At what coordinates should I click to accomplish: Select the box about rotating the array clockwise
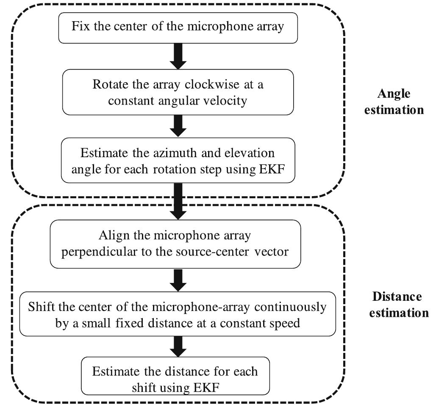178,92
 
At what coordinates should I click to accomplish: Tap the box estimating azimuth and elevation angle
178,160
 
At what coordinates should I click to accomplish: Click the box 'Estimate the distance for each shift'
175,371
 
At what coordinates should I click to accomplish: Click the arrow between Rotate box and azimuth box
178,126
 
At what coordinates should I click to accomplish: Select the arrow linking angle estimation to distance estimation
178,201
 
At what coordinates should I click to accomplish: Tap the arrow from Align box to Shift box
178,279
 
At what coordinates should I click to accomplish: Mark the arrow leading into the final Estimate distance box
178,346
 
